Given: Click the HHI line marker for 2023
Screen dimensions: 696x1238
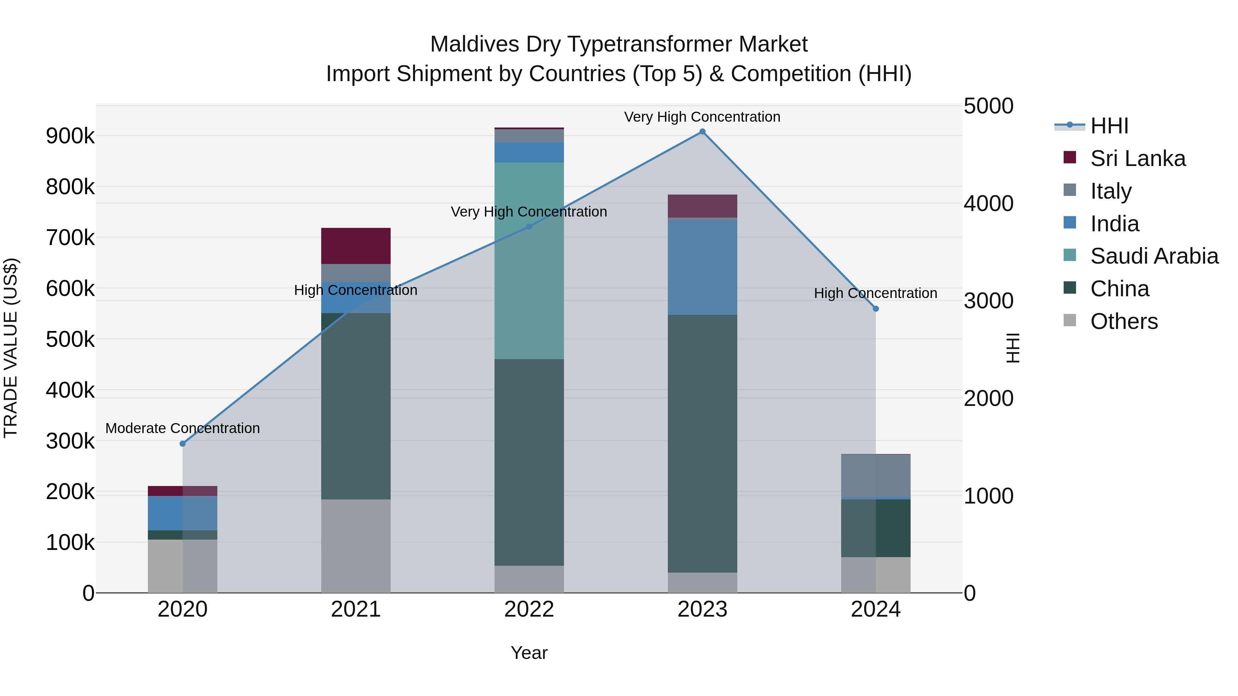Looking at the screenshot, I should [x=702, y=132].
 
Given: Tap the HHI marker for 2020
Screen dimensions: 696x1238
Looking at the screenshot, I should [x=183, y=443].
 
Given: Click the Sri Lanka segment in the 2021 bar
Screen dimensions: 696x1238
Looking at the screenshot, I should [x=356, y=246].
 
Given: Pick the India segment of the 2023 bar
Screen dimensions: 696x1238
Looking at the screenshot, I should [x=702, y=267].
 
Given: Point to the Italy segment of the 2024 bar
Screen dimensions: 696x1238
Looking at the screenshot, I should [x=875, y=476].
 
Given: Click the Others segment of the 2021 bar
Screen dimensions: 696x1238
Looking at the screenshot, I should [x=356, y=546].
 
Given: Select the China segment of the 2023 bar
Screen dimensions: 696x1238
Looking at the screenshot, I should [x=702, y=443].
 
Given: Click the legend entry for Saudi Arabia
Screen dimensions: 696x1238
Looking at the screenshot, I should [x=1153, y=256].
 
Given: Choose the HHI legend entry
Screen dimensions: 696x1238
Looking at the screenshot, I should [x=1109, y=126].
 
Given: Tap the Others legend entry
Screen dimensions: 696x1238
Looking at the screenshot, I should [x=1123, y=321].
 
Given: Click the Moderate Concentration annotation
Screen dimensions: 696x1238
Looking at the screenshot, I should [x=183, y=428].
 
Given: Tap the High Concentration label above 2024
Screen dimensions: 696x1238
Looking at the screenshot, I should [x=875, y=293].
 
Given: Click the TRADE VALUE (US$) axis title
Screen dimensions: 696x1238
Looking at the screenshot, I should [x=11, y=348].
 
